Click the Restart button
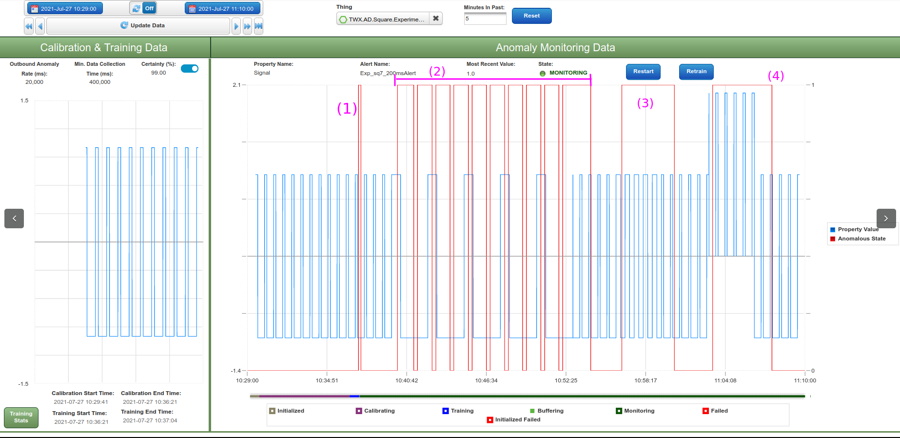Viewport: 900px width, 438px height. [643, 71]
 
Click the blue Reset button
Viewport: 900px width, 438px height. [531, 16]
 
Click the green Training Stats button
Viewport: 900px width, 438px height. [21, 417]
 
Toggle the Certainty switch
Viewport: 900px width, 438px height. [190, 69]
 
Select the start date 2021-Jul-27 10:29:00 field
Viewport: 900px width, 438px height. [65, 8]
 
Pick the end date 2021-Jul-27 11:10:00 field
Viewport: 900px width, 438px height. [222, 8]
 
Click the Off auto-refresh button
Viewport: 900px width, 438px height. [143, 8]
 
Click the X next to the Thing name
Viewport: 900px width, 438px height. [436, 19]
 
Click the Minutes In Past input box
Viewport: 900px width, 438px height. [485, 19]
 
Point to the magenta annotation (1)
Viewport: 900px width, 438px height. [347, 108]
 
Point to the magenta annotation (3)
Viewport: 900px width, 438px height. [645, 103]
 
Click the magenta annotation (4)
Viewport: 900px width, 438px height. [776, 76]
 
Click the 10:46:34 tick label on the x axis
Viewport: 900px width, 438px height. [486, 380]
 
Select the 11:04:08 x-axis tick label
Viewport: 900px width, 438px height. [725, 380]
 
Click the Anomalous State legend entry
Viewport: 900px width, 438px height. [861, 239]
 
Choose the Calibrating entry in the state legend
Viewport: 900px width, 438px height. [379, 411]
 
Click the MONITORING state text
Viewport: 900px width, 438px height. [568, 73]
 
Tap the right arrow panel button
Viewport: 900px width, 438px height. [886, 219]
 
